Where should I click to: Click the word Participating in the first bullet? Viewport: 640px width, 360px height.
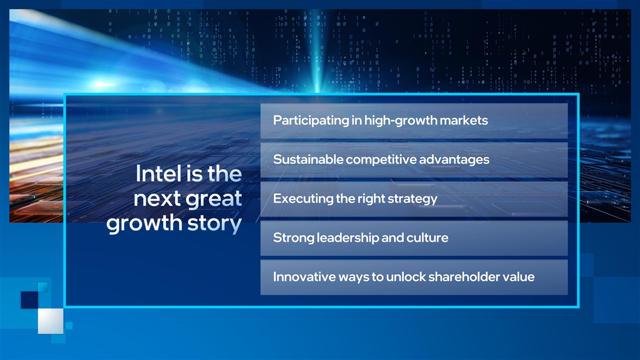pos(311,121)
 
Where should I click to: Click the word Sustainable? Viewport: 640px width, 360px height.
pos(308,159)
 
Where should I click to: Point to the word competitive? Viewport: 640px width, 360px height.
pos(381,159)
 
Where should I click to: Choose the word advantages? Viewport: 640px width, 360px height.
pos(454,160)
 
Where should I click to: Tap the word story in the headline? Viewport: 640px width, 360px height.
pos(214,223)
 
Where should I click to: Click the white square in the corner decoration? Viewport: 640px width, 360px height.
pos(51,321)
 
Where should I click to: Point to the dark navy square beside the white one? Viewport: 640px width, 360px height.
pos(30,300)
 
